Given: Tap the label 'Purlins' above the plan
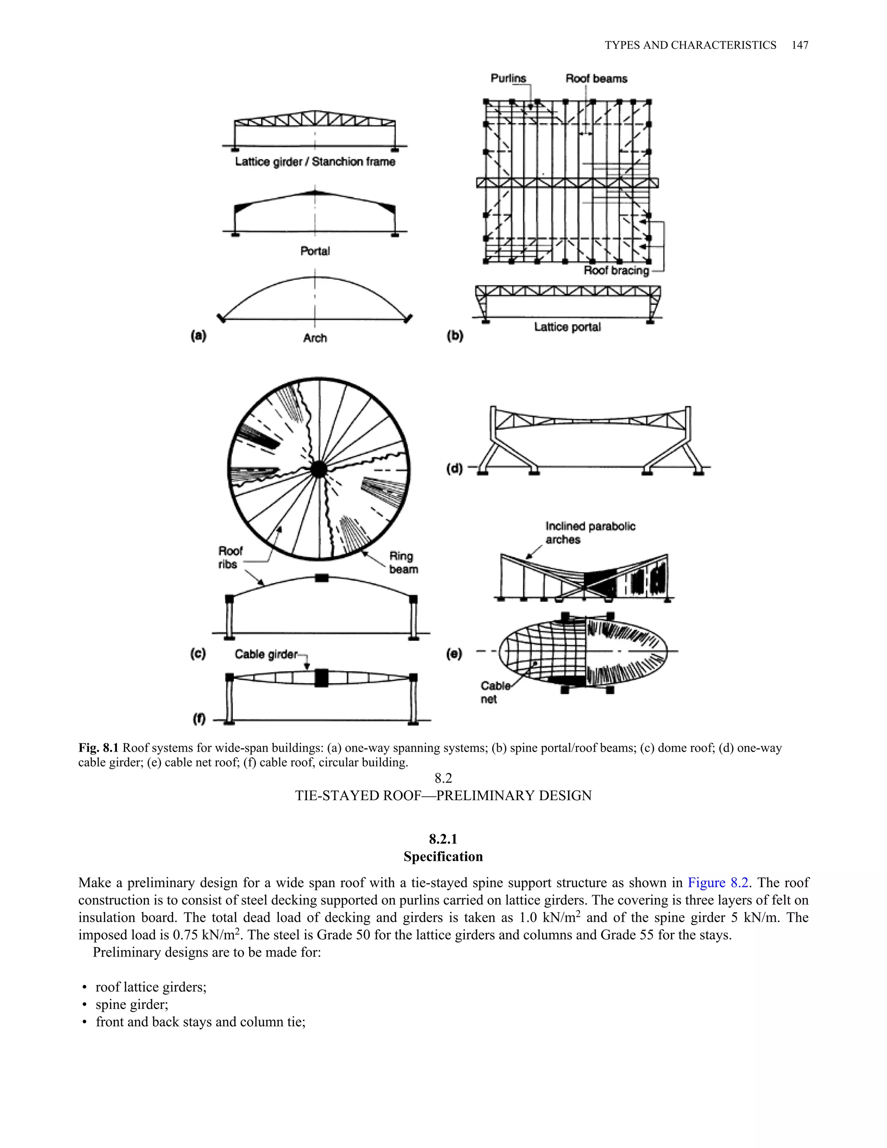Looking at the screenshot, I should pos(508,78).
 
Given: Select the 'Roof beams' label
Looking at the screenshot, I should pos(596,78).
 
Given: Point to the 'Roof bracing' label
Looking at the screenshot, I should pos(616,270).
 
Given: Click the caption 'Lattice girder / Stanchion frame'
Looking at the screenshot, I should pos(315,162).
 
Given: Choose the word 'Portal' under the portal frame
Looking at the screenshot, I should pos(315,251).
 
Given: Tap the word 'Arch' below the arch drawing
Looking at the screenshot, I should pos(315,338).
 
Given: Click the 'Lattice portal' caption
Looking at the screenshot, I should pos(567,327).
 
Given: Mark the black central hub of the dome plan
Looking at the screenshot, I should pos(318,469).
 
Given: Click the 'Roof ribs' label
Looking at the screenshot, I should pos(230,557).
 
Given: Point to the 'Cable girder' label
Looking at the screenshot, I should pos(266,655).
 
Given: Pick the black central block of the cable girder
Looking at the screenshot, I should pos(321,678).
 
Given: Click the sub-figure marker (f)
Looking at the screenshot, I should pos(199,719).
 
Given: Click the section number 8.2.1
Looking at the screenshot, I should pos(443,839).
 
